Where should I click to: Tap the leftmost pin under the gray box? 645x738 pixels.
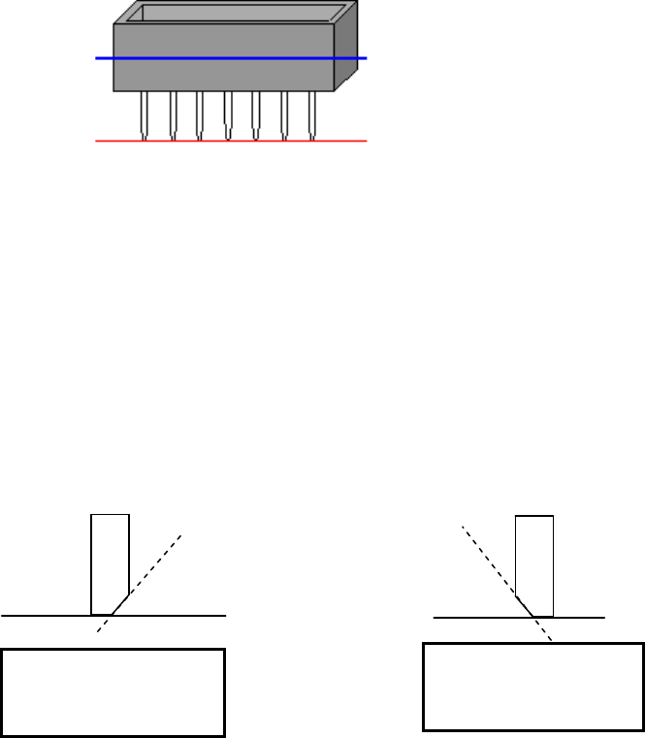tap(144, 113)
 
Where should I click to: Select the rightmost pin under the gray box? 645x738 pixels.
tap(312, 113)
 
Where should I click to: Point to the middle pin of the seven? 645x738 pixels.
tap(228, 113)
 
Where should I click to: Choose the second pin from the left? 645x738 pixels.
tap(172, 113)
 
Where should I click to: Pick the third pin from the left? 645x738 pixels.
tap(200, 113)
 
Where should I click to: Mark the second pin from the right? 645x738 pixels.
tap(284, 113)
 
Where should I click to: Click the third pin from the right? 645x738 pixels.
tap(256, 113)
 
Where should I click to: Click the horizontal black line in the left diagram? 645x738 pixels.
tap(48, 615)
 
